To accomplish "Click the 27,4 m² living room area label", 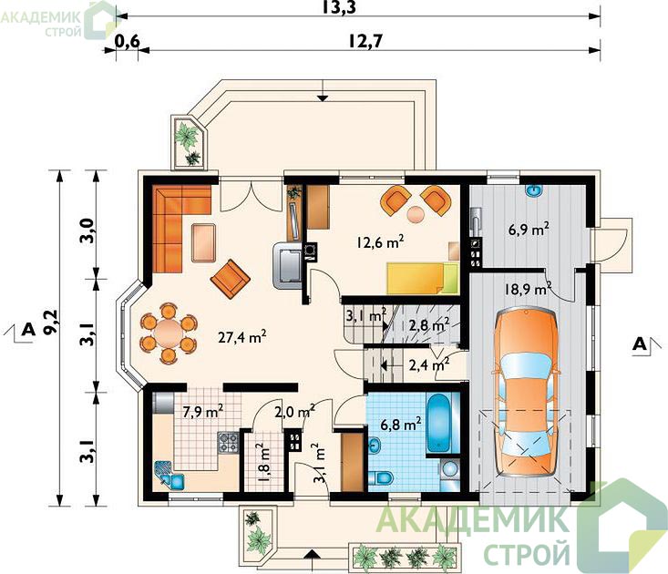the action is (242, 337).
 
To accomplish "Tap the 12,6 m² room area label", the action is (380, 241).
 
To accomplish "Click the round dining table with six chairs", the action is (169, 333).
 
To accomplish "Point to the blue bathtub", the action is (439, 424).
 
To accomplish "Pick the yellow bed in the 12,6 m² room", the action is (422, 278).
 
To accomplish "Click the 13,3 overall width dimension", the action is (339, 7).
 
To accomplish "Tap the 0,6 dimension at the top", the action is (128, 41).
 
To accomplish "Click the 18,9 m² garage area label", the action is (528, 289).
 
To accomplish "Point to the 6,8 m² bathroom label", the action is (401, 425).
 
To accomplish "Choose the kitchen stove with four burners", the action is (228, 442).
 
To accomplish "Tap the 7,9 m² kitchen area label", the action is (203, 412).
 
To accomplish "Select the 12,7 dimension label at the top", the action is (366, 41).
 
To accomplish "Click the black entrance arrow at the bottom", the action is (313, 554).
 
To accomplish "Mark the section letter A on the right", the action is (639, 343).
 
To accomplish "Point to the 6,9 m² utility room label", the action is (529, 230).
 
